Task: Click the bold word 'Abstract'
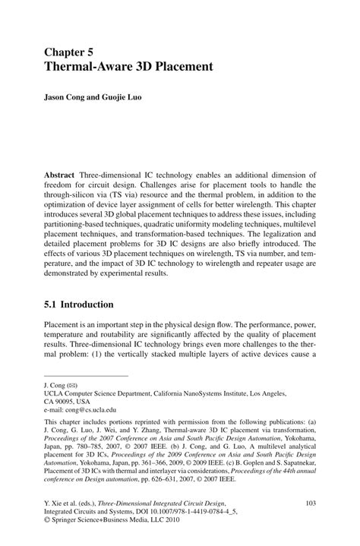[x=59, y=174]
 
